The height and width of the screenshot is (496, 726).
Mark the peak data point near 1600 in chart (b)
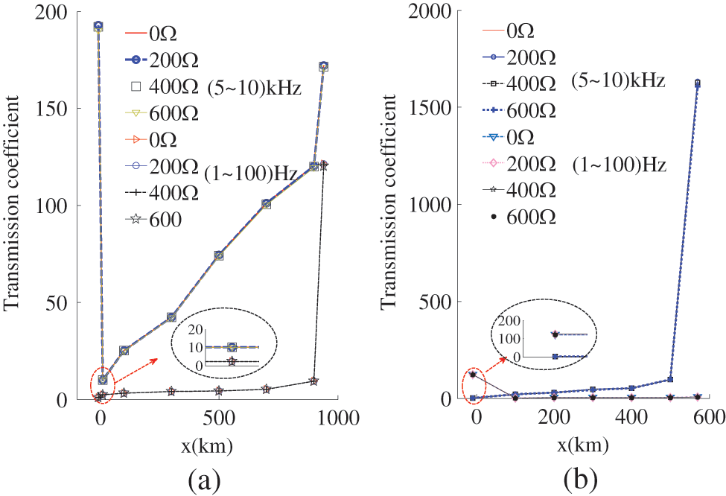click(697, 83)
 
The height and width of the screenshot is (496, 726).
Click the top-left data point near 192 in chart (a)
click(98, 26)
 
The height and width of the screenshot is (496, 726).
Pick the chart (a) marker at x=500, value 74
click(219, 255)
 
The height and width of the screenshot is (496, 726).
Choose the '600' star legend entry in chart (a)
click(156, 220)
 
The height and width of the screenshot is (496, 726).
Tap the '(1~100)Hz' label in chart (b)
click(619, 163)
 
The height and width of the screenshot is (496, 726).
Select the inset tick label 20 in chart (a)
click(194, 330)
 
